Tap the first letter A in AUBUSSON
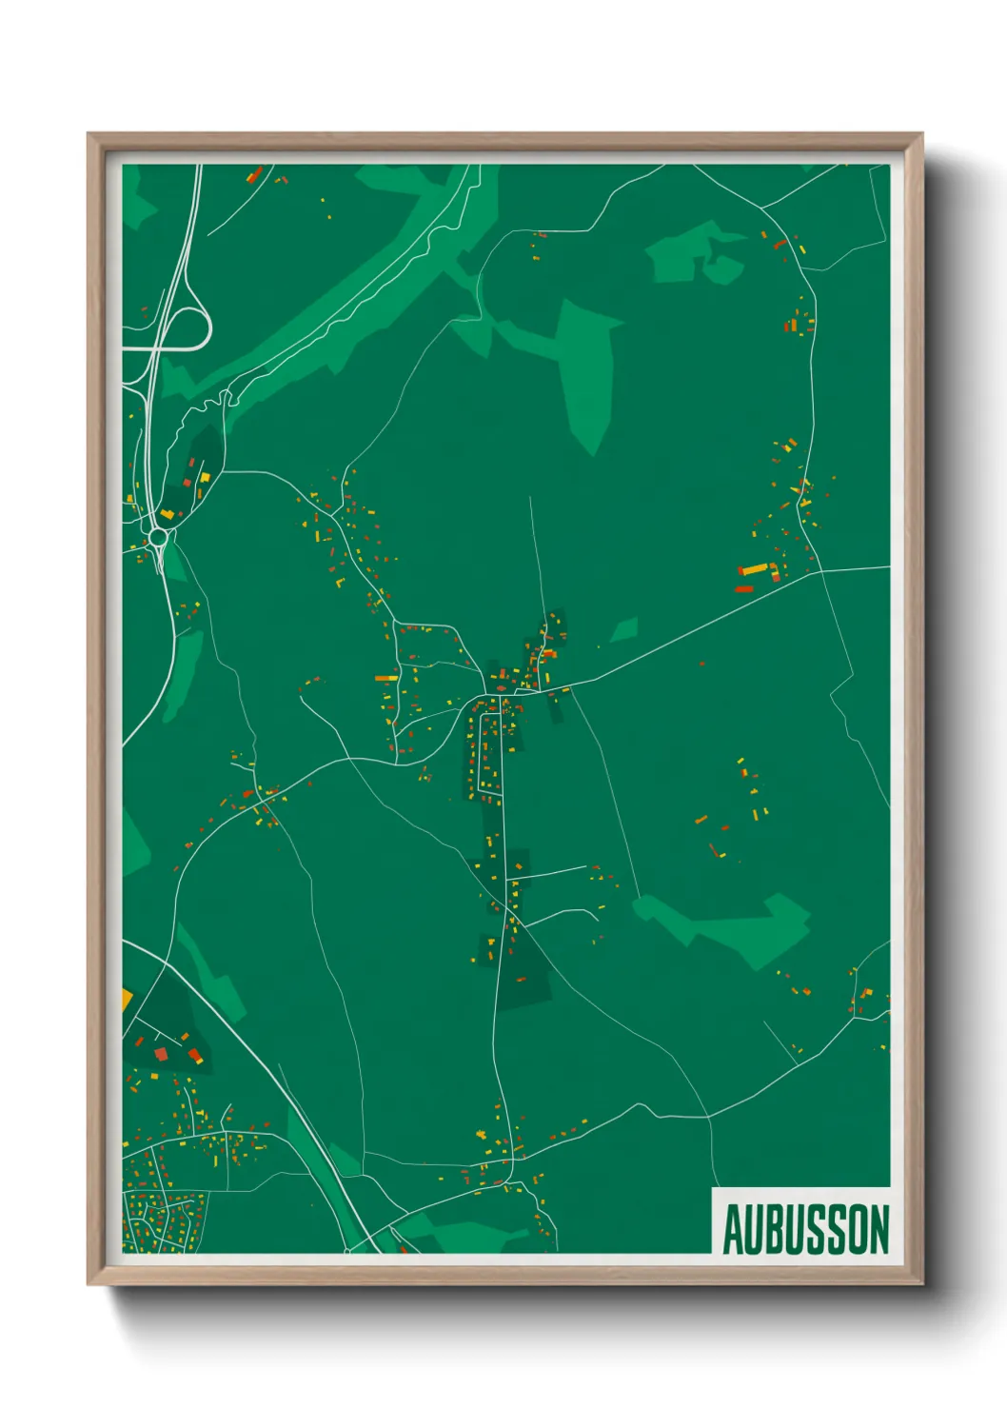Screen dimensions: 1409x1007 (x=733, y=1229)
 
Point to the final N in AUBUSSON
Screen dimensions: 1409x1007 (x=879, y=1229)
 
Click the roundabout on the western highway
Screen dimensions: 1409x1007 (x=158, y=538)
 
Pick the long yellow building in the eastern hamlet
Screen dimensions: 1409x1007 (x=755, y=569)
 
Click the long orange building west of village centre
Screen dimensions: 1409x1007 (x=385, y=678)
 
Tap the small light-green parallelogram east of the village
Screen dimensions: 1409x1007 (x=624, y=629)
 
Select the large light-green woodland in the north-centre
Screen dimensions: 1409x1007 (x=582, y=371)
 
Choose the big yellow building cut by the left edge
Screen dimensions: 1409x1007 (x=126, y=1001)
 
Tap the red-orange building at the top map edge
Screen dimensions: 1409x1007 (x=255, y=174)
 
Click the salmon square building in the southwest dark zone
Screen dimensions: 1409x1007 (x=161, y=1052)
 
